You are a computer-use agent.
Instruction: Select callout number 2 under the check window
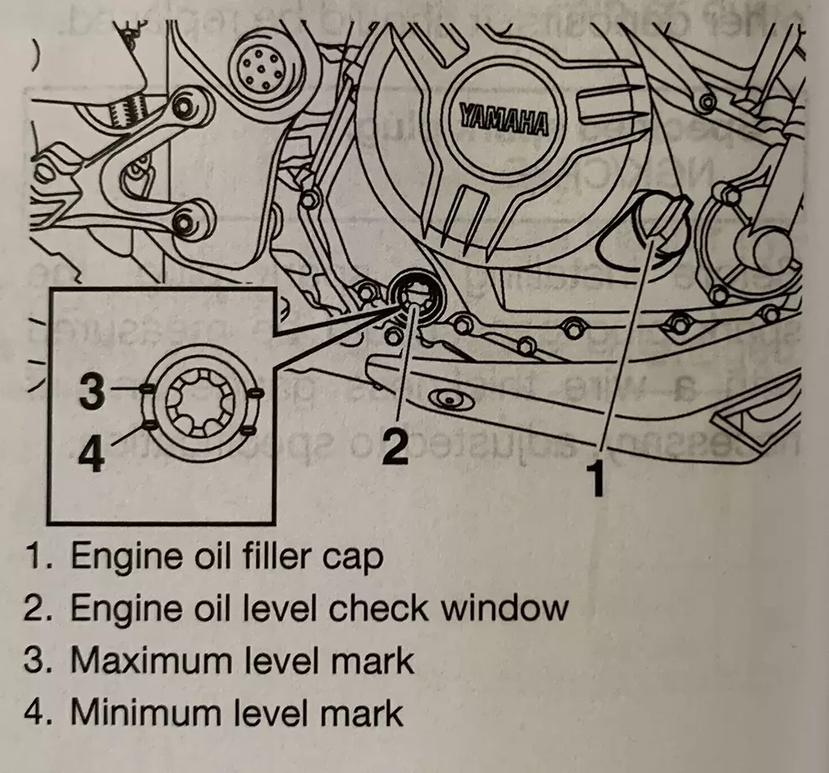(393, 446)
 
